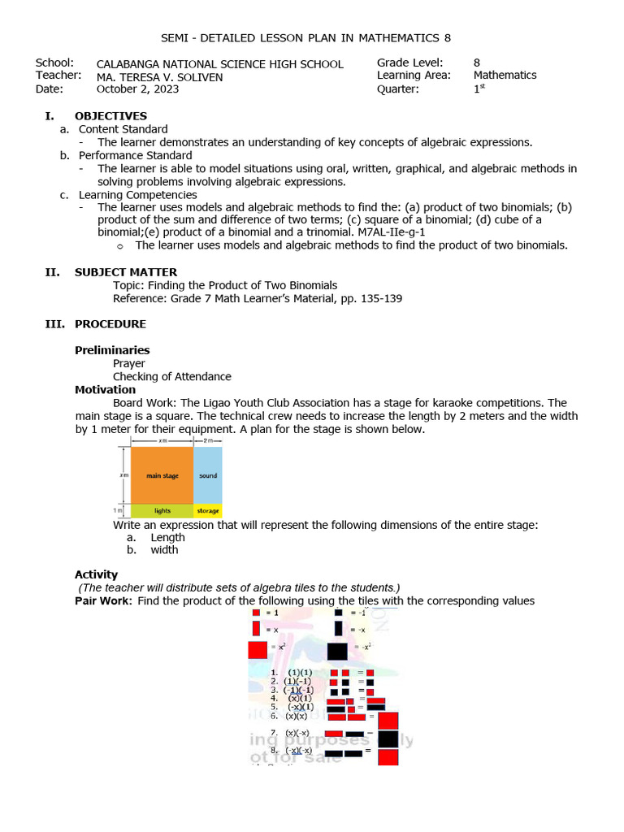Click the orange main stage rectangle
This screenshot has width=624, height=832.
click(162, 475)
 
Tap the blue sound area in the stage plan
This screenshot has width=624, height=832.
click(207, 475)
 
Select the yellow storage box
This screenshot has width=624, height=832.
click(207, 511)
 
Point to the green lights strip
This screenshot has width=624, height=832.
click(162, 511)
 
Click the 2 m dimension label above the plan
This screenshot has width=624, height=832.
click(207, 440)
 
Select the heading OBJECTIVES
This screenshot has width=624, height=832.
click(110, 116)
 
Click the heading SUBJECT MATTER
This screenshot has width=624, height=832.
click(125, 272)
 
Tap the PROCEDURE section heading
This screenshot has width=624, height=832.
click(110, 324)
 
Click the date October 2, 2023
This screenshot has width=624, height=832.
click(137, 89)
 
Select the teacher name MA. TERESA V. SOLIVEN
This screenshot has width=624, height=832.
click(159, 77)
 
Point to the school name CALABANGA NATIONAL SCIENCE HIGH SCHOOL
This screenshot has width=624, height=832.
click(219, 64)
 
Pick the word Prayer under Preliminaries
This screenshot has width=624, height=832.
click(129, 364)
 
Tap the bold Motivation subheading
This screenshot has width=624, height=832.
click(105, 390)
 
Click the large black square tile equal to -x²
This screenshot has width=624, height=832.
click(337, 651)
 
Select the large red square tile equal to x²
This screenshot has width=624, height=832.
click(258, 650)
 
